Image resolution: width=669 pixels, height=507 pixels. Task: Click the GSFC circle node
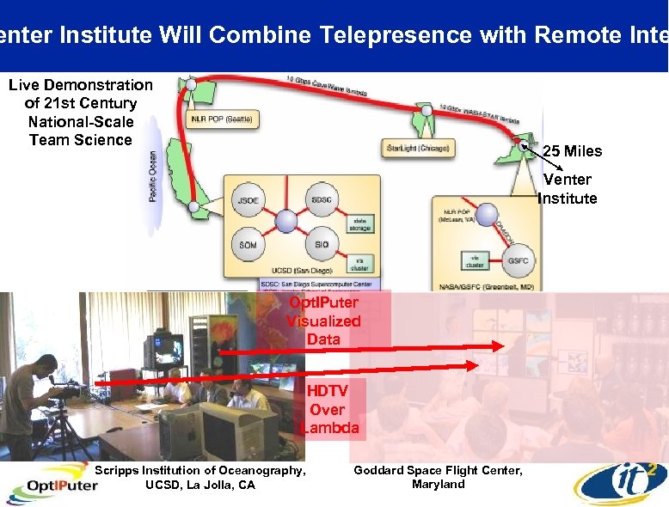tap(518, 260)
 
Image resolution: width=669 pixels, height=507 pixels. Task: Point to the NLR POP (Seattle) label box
tap(221, 119)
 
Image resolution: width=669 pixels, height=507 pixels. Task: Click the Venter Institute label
tap(568, 189)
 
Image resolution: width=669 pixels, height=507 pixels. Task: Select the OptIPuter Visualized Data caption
tap(323, 321)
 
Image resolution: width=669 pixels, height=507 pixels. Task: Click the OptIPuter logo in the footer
tap(52, 486)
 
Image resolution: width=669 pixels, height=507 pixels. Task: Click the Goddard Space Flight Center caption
tap(438, 477)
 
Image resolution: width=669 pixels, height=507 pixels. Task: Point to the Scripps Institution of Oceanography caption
tap(199, 478)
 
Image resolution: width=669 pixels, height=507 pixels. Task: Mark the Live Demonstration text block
tap(80, 113)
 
